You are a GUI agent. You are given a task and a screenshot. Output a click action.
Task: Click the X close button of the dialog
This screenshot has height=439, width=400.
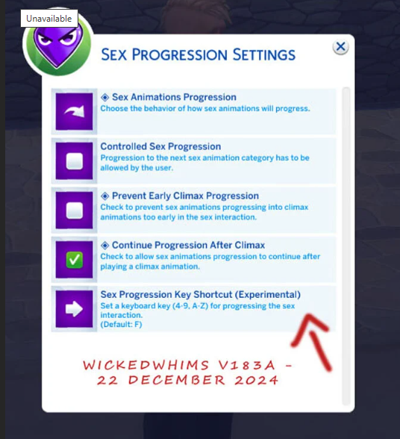[340, 47]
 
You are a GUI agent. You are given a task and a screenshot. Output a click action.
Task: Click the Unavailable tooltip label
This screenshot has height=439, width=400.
[49, 18]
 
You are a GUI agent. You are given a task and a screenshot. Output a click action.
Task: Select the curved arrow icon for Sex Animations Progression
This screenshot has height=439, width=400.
[74, 112]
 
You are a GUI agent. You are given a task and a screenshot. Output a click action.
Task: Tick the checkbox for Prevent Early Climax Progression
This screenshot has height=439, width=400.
[74, 211]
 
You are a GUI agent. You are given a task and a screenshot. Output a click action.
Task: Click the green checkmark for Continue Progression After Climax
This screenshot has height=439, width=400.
[74, 260]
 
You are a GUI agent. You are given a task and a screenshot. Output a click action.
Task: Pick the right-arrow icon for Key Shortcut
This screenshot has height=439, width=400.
[74, 309]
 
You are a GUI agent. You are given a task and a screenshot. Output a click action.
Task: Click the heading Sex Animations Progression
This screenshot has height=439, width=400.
[174, 97]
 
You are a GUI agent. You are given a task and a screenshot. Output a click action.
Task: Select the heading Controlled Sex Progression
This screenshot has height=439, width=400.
[160, 146]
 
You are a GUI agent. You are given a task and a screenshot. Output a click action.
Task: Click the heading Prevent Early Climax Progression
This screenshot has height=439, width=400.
[185, 196]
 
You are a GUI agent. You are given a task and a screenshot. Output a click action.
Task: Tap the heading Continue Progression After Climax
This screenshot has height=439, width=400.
[188, 245]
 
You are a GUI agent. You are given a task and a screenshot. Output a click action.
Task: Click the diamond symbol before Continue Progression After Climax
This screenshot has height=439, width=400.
[105, 245]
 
